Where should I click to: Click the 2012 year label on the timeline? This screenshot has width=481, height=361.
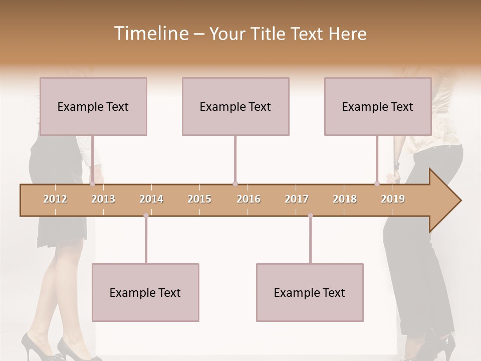click(x=55, y=199)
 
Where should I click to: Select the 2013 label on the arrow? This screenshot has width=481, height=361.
click(x=103, y=199)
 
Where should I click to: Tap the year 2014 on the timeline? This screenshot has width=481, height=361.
click(x=151, y=199)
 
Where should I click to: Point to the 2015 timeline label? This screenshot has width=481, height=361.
click(x=199, y=199)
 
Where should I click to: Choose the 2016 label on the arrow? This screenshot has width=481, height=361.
click(x=249, y=199)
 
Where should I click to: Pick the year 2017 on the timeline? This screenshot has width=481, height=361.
click(x=297, y=199)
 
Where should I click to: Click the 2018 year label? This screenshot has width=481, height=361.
click(x=345, y=199)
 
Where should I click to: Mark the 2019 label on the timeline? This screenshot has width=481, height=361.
click(x=393, y=199)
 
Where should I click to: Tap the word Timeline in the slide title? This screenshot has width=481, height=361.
click(x=150, y=34)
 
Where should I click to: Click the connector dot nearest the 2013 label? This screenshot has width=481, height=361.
click(x=92, y=184)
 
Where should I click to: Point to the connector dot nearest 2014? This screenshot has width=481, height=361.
click(x=146, y=216)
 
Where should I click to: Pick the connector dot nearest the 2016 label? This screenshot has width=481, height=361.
click(x=235, y=184)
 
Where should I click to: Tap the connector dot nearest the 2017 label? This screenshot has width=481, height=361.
click(x=310, y=216)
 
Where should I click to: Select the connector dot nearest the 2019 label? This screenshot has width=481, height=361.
click(x=377, y=184)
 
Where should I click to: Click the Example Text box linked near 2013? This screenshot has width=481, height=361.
click(x=93, y=106)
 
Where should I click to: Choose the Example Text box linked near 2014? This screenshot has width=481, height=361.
click(x=145, y=292)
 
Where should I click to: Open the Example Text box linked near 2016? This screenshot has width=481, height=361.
click(x=235, y=106)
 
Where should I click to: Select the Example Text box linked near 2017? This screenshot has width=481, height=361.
click(x=310, y=292)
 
